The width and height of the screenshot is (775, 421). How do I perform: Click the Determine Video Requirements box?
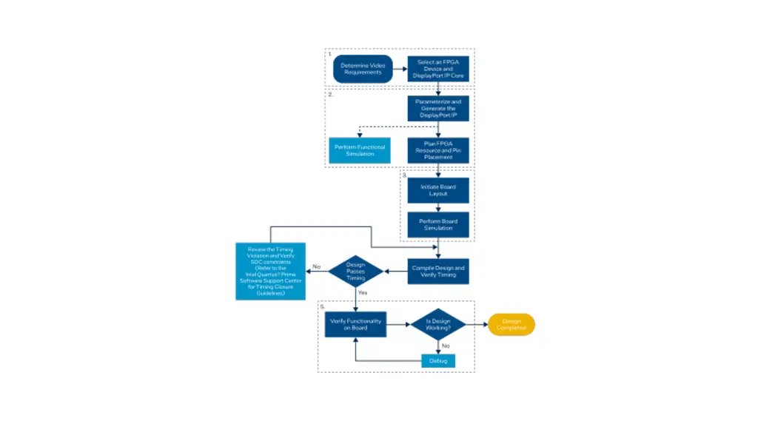363,69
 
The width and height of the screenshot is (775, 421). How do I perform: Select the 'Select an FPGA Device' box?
438,69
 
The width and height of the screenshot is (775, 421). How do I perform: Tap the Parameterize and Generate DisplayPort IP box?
438,109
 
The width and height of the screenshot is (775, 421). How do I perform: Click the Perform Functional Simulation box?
359,150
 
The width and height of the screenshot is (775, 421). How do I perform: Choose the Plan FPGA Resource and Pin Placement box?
438,150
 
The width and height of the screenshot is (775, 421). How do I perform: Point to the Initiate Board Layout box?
438,190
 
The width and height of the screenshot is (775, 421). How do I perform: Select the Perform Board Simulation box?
438,224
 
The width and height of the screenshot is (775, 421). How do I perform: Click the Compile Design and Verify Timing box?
438,271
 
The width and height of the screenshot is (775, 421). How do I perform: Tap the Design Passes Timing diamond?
356,271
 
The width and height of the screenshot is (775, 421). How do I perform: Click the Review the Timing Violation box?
270,271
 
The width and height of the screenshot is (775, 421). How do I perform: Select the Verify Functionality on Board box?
356,324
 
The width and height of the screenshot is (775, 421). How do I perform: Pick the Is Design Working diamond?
438,324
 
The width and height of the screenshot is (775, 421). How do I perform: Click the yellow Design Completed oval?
511,324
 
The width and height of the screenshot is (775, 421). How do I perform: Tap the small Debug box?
438,360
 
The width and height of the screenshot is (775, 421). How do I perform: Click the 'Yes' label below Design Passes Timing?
363,292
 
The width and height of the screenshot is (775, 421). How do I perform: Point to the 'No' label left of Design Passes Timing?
316,266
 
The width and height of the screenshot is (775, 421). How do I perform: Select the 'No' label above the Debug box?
446,345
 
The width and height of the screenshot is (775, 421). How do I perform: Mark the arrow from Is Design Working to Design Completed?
476,324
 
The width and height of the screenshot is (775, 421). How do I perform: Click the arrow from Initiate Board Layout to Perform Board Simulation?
438,207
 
